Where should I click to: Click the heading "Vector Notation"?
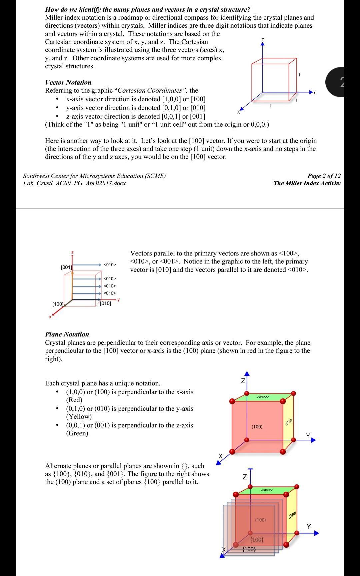tap(68, 82)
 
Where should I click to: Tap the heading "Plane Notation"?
tap(67, 334)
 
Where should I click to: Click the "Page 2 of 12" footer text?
tap(324, 176)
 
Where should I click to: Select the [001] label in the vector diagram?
tap(66, 267)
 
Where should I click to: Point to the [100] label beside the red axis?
tap(58, 304)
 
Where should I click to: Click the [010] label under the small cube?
tap(106, 303)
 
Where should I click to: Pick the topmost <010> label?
tap(110, 265)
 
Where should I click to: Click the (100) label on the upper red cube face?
tap(257, 426)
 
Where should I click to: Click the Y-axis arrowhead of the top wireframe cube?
tap(312, 92)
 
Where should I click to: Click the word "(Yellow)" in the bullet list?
tap(79, 416)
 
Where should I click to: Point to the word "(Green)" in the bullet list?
tap(77, 433)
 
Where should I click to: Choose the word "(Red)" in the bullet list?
tap(74, 400)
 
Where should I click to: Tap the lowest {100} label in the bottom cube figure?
tap(249, 549)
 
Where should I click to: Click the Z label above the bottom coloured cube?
tap(245, 477)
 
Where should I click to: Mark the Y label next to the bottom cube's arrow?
tap(308, 526)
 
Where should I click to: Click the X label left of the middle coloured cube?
tap(220, 455)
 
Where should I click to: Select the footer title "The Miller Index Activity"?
tap(307, 183)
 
